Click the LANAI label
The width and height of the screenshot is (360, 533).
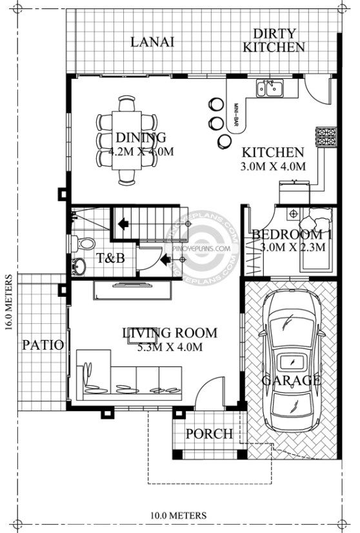coord(152,42)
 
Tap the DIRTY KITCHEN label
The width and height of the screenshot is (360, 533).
coord(274,41)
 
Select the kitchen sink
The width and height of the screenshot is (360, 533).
coord(270,88)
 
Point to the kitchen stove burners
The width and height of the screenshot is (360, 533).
coord(326,137)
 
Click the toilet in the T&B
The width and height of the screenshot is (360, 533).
coord(83,243)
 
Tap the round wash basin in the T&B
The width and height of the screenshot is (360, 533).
coord(79,266)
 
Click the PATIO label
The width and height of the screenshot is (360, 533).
coord(43,345)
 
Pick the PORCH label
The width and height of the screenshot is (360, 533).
coord(210,434)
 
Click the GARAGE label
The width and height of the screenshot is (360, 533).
coord(292,380)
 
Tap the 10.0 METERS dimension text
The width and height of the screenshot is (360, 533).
coord(179,516)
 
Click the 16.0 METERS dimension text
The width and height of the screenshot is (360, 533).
coord(8,303)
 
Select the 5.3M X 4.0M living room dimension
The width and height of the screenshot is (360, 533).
coord(170,347)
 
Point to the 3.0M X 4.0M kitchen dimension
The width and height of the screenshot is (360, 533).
coord(273,166)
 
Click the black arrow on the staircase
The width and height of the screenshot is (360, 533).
coord(123,224)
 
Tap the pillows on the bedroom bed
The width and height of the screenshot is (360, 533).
coord(316,219)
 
